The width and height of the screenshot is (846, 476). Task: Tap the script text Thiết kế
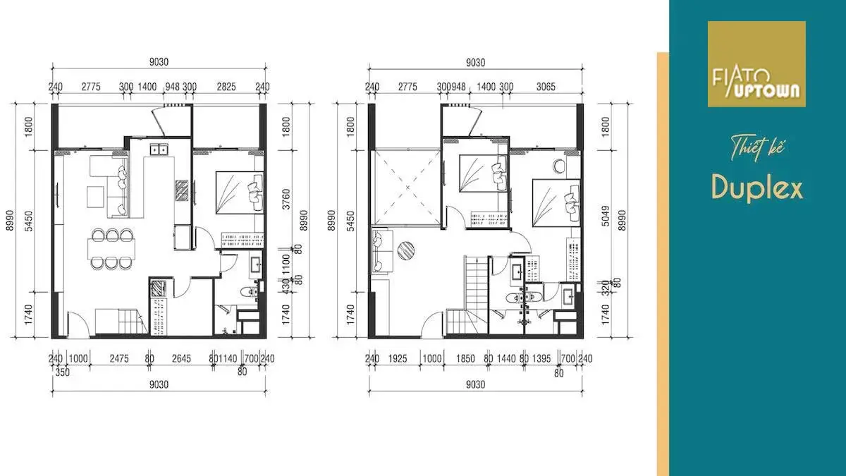757,149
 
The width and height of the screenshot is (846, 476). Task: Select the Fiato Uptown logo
756,64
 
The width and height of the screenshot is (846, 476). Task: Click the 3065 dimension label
546,87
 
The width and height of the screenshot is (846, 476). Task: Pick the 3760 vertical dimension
286,197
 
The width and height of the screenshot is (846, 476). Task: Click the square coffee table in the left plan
96,195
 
